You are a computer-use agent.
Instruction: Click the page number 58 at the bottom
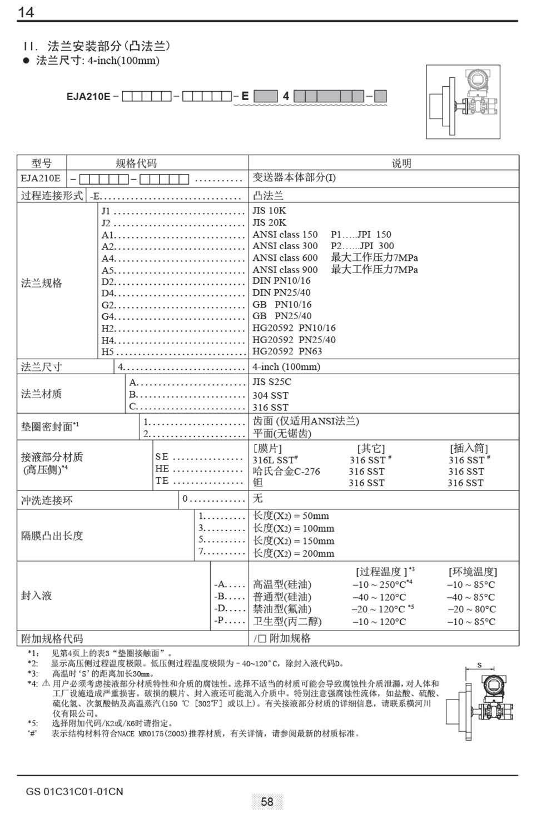tap(267, 801)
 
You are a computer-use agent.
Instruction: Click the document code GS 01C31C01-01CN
tap(75, 791)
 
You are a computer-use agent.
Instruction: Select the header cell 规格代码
tap(136, 163)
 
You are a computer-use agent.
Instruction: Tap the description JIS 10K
tap(269, 211)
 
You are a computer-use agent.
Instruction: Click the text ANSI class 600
tap(285, 258)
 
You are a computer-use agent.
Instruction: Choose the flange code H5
tap(107, 352)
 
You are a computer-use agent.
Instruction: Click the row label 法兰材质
tap(42, 394)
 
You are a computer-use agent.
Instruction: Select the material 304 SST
tap(270, 395)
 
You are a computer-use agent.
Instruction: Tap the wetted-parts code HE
tap(162, 469)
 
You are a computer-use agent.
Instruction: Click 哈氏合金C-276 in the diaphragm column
tap(286, 472)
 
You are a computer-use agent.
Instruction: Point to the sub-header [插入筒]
tap(469, 448)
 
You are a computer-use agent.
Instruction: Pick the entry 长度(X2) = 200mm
tap(294, 553)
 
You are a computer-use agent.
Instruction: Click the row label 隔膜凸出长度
tap(52, 536)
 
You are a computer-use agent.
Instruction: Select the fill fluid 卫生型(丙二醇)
tap(287, 622)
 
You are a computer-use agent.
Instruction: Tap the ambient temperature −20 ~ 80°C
tap(471, 609)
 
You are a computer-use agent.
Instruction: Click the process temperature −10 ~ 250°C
tap(379, 585)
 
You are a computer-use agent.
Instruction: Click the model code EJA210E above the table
tap(88, 96)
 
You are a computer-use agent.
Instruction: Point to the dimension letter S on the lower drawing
tap(479, 665)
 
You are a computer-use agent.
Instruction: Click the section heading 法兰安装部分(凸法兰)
tap(109, 46)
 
